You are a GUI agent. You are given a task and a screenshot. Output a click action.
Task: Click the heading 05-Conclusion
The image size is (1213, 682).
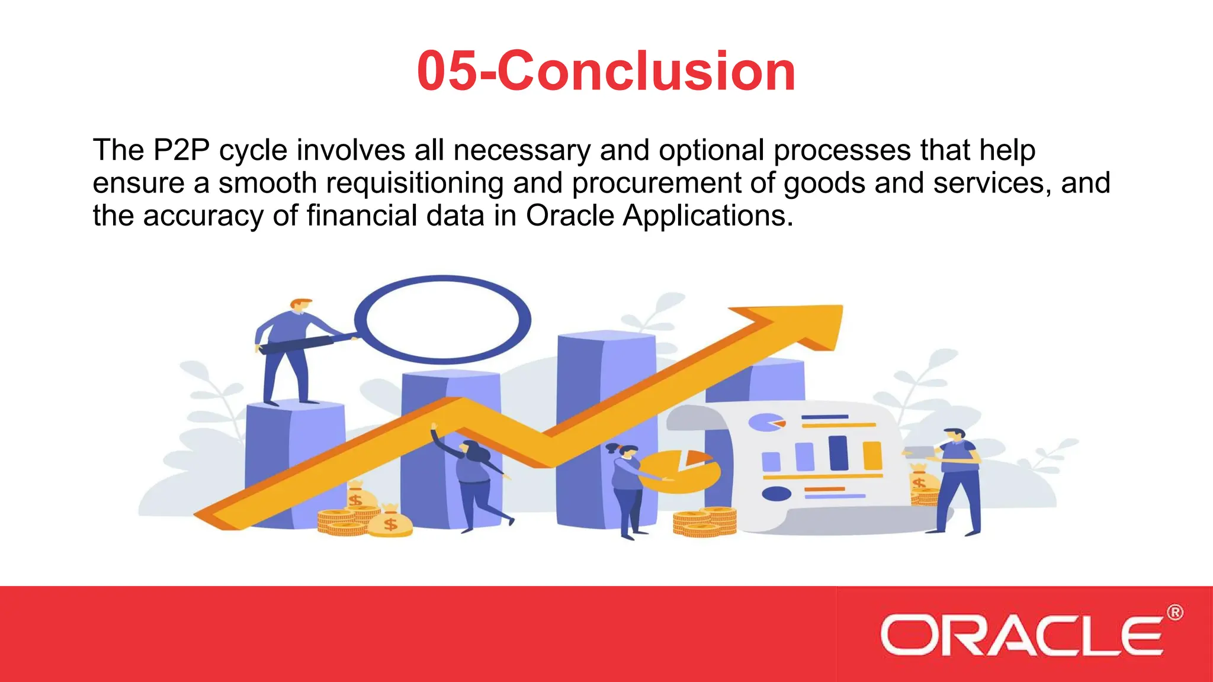pos(606,71)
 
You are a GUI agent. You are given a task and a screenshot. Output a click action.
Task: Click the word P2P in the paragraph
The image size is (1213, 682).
pos(181,150)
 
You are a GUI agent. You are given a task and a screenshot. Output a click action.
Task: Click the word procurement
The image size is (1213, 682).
pos(656,183)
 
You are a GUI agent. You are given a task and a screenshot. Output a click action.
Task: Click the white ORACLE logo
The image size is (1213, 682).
pos(1021,635)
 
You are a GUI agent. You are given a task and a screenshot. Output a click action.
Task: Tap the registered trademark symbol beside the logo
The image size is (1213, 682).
pos(1175,613)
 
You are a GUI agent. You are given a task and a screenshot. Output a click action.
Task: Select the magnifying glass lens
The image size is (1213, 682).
pos(443,320)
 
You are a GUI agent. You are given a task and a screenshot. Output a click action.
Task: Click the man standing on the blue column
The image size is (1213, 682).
pos(290,349)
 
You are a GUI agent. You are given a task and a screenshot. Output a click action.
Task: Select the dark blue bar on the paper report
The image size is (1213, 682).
pos(838,453)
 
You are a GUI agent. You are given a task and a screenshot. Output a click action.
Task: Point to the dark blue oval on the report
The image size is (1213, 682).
pos(776,493)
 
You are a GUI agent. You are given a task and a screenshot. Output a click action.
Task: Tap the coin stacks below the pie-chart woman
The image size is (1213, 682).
pos(705,522)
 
